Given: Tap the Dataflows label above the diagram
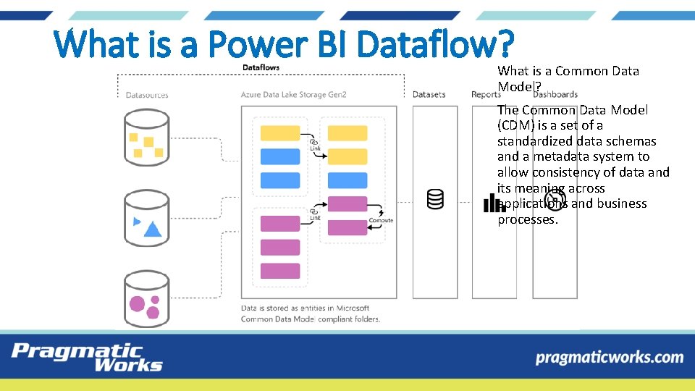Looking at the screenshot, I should [x=261, y=67].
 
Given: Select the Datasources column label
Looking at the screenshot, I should [x=147, y=95].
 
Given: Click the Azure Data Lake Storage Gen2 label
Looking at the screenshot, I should [x=294, y=95].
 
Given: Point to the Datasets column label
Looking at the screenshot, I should [x=429, y=95].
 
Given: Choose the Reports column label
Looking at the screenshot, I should [x=486, y=95].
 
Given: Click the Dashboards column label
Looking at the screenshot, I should [x=555, y=94].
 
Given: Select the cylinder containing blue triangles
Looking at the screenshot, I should [x=147, y=219].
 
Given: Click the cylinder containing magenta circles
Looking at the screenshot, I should [x=147, y=299].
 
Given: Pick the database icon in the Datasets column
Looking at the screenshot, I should [x=435, y=198].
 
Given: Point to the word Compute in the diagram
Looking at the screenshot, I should [x=381, y=220].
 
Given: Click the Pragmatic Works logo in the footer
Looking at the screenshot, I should [x=86, y=357].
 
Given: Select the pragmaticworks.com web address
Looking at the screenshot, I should [x=609, y=357].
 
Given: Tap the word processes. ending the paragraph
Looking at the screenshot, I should [x=528, y=219].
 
